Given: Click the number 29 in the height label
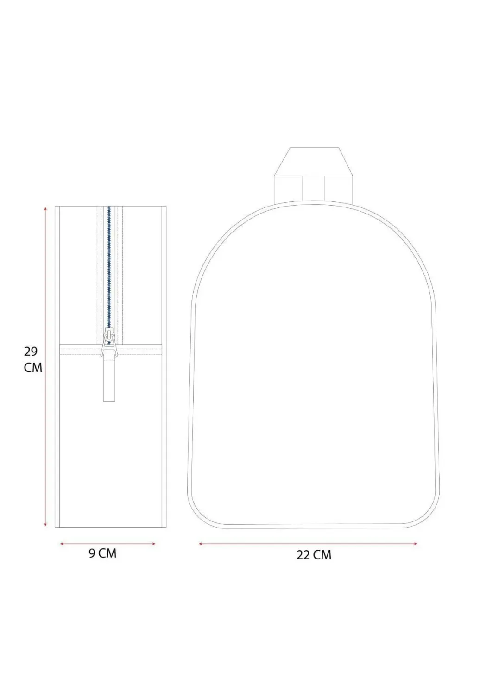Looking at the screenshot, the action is [x=31, y=352].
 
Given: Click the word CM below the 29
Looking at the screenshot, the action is [x=33, y=368].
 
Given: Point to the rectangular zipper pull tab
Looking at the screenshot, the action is [x=109, y=377].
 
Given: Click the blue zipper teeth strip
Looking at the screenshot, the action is [x=109, y=267].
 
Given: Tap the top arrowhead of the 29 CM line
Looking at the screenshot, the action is [x=46, y=208].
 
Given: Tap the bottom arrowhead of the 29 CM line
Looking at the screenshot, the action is [x=46, y=524].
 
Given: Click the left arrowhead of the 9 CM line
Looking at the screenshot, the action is [x=62, y=544].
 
